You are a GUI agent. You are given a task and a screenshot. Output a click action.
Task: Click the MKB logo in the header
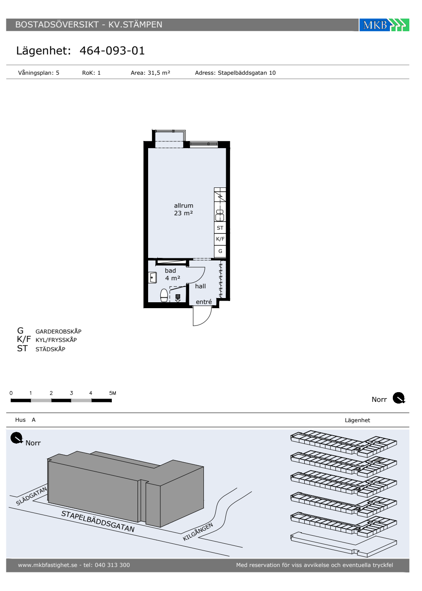click(384, 25)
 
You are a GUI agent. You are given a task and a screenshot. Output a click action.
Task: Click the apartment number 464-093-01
click(112, 51)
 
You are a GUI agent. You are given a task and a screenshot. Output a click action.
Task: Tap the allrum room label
click(184, 206)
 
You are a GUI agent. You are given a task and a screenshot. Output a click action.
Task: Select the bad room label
click(170, 271)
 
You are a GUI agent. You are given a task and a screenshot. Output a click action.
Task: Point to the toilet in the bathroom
click(164, 295)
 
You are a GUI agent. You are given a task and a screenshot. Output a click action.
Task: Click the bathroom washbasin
click(152, 278)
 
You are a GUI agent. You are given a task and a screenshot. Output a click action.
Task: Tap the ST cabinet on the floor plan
click(220, 228)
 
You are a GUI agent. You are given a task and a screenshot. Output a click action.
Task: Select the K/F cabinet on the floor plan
click(220, 239)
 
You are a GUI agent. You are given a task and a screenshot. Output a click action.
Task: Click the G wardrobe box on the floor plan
click(220, 251)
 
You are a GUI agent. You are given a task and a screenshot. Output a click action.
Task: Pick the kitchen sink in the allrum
click(220, 215)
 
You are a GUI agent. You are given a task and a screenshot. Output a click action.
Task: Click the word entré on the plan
click(204, 302)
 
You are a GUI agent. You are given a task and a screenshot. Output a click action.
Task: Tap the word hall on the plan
click(200, 286)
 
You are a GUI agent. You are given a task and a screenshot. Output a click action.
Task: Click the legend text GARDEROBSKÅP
click(59, 331)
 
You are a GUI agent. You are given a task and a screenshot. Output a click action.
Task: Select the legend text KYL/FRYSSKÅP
click(56, 340)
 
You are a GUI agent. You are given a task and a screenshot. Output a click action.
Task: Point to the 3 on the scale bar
click(71, 393)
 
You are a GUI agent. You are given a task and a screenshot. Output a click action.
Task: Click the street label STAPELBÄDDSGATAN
click(98, 521)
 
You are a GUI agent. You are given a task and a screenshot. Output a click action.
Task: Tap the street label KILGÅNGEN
click(198, 531)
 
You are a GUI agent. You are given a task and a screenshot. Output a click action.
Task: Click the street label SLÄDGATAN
click(31, 496)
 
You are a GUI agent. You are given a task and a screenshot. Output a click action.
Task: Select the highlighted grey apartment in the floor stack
click(379, 460)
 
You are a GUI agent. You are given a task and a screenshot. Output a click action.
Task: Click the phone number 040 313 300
click(112, 565)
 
